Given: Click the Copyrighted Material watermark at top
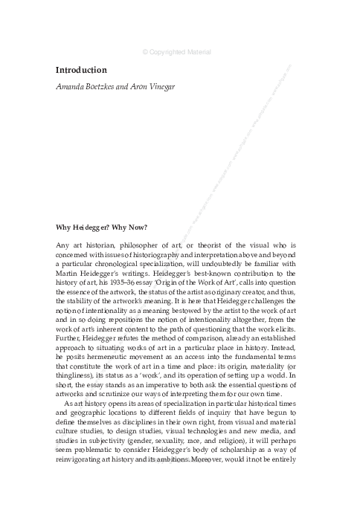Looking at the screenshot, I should pos(176,52).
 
